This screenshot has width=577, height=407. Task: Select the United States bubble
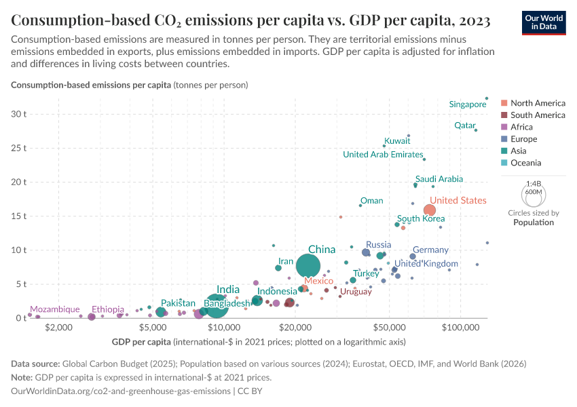point(430,210)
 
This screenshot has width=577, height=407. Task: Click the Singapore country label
point(468,104)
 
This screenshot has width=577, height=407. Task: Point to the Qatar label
point(465,125)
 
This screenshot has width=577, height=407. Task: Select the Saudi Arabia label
point(439,179)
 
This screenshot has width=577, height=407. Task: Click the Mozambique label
point(55,309)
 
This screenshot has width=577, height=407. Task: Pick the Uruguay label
point(356,292)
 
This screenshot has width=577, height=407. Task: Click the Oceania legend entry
point(526,163)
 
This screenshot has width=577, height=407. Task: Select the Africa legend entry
point(521,127)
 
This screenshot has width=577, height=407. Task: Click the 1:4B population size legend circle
point(534,193)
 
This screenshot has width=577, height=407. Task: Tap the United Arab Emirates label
point(383,155)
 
